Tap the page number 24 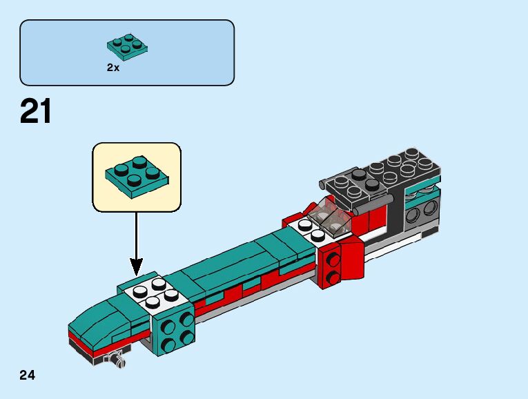[x=28, y=376]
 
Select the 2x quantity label [x=113, y=68]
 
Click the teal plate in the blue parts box [x=128, y=46]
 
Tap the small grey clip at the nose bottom [x=118, y=359]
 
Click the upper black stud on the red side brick [x=334, y=260]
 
